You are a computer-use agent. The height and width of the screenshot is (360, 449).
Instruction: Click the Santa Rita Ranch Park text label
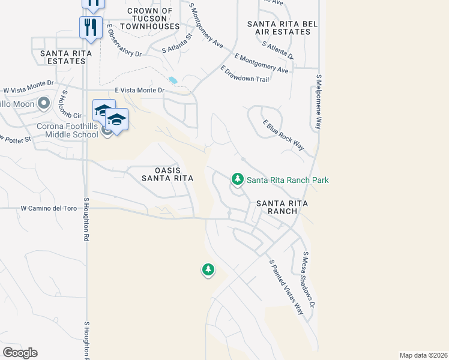point(288,180)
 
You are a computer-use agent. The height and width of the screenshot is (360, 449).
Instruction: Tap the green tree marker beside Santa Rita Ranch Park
point(238,179)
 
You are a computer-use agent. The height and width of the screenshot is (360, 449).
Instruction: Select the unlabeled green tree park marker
point(208,270)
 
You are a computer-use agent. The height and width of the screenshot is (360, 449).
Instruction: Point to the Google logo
point(20,353)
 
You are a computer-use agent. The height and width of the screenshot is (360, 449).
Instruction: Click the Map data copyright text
point(423,355)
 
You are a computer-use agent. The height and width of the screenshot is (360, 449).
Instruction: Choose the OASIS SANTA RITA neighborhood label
point(167,173)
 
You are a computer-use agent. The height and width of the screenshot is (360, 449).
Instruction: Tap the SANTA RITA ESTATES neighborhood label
point(65,57)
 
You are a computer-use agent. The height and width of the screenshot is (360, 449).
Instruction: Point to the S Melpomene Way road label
point(319,102)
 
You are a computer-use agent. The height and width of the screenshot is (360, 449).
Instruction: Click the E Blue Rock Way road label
point(283,134)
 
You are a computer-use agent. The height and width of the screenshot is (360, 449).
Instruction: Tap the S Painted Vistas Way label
point(286,287)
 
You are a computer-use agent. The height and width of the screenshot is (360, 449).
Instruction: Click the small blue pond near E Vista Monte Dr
point(173,80)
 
